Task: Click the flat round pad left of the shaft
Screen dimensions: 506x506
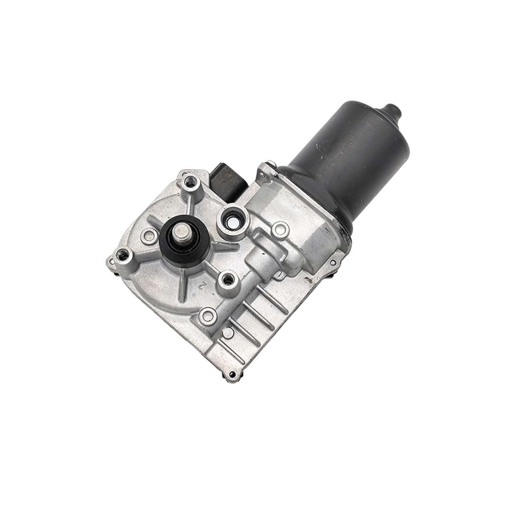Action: click(x=147, y=234)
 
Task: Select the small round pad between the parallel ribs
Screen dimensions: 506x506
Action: click(x=231, y=334)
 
